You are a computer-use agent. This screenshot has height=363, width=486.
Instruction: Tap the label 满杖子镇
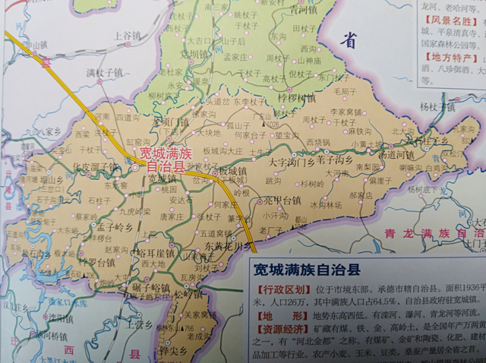[x=104, y=73]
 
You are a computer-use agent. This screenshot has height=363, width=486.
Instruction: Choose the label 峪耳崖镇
[x=156, y=252]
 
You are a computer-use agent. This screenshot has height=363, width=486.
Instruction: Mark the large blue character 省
[x=349, y=41]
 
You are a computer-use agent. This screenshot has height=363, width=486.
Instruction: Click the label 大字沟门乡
[x=292, y=161]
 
